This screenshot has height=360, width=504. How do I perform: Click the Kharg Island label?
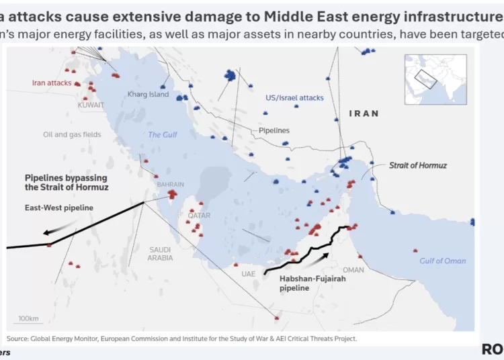click(148, 95)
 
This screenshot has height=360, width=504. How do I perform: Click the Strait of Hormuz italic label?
click(417, 165)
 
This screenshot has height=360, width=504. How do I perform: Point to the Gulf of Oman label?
click(442, 261)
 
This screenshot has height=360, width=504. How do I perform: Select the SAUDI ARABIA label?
click(161, 253)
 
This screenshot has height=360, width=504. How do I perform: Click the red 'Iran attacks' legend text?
click(52, 83)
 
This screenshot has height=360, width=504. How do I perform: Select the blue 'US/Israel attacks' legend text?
click(294, 98)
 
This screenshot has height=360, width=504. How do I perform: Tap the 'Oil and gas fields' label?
click(72, 134)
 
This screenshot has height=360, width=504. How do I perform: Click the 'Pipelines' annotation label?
click(274, 130)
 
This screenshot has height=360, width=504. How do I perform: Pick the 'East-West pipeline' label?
click(59, 208)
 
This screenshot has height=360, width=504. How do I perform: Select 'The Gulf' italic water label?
click(163, 135)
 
